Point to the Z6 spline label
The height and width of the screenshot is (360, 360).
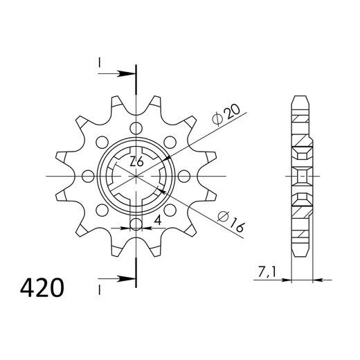coord(137,163)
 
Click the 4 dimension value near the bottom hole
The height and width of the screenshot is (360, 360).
coord(158,221)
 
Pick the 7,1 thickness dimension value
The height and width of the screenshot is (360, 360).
coord(263,274)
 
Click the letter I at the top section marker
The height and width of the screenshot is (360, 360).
coord(100,64)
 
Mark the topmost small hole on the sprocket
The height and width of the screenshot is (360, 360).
coord(136,127)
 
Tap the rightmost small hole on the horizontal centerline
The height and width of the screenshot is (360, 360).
coord(185,176)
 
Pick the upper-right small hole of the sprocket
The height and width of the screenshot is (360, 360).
coord(170,141)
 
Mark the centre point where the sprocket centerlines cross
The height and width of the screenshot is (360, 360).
coord(136,176)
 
